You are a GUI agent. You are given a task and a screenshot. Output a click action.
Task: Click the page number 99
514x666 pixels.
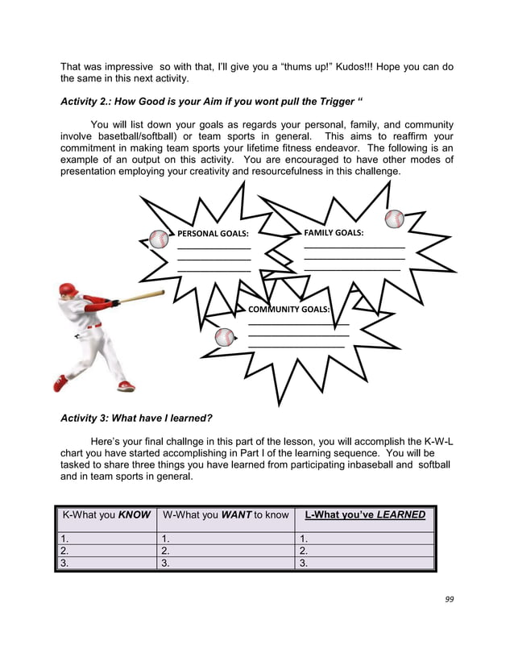point(449,599)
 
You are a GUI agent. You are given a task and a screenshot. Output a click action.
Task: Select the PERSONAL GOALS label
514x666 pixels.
point(213,234)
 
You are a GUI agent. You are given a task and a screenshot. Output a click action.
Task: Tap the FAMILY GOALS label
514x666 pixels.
point(334,232)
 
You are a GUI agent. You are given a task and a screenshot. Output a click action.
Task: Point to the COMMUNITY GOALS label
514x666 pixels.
point(288,309)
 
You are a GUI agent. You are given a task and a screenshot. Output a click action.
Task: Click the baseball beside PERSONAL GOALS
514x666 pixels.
point(160,239)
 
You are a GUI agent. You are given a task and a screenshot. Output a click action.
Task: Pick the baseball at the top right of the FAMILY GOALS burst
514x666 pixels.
point(394,219)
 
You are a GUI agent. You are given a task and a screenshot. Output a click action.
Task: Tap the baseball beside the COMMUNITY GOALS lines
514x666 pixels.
point(224,337)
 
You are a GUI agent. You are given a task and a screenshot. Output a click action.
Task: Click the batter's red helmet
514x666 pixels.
point(69,289)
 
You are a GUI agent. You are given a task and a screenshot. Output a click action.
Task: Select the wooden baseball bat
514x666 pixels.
point(142,297)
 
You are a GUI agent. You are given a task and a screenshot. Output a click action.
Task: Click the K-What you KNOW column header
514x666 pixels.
point(106,514)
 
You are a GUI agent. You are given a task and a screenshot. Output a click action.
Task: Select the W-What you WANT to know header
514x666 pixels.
point(226,514)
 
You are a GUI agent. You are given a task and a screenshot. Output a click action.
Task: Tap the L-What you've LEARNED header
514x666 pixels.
point(364,514)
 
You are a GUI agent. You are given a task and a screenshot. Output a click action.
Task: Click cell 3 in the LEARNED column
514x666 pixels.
point(364,564)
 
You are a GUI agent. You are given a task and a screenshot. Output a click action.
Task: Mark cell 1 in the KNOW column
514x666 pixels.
point(106,538)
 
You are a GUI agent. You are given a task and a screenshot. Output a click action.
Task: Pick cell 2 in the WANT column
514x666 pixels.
point(226,551)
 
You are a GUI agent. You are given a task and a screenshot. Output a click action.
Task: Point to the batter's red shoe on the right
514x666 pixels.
point(126,386)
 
